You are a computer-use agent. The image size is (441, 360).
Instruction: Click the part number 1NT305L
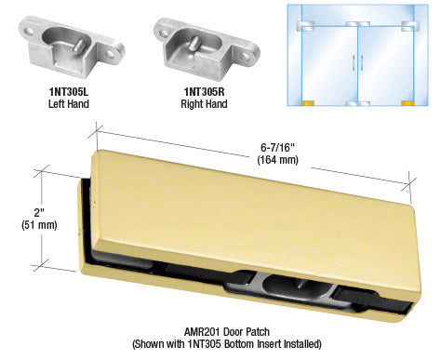point(69,92)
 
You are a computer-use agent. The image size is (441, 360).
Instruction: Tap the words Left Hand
point(69,104)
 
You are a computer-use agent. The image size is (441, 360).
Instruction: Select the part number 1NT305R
point(204,92)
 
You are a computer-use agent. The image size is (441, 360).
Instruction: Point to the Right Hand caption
point(204,104)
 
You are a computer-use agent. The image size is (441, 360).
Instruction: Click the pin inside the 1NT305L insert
point(78,45)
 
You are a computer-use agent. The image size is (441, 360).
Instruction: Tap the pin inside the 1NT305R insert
point(197,42)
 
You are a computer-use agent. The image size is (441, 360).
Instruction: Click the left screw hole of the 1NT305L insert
point(30,31)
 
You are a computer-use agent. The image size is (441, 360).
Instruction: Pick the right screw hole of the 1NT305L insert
point(110,54)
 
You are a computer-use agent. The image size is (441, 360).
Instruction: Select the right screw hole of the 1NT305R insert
point(246,56)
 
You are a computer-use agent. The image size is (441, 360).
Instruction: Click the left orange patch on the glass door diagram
point(308,103)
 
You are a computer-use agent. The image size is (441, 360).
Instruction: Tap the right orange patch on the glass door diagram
point(408,103)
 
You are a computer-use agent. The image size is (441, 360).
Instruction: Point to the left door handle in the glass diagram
point(354,63)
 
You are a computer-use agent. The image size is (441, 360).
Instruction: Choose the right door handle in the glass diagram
point(362,63)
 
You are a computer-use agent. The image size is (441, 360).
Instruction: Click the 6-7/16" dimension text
point(277,148)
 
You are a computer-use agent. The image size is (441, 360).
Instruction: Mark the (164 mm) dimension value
point(277,160)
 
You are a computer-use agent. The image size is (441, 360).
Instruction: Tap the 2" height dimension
point(39,213)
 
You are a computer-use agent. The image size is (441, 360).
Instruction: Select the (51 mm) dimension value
point(39,225)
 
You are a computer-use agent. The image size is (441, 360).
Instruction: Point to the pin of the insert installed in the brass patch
point(300,284)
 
